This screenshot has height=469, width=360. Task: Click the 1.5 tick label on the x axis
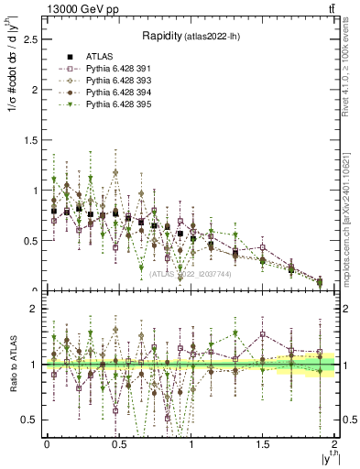(x=264, y=443)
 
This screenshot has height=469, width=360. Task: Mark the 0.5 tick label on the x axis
(x=119, y=443)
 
